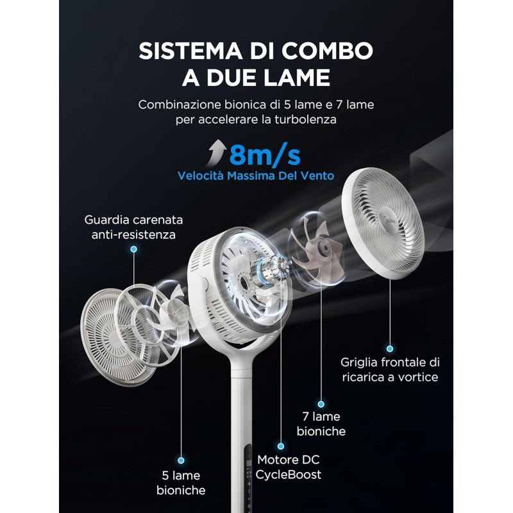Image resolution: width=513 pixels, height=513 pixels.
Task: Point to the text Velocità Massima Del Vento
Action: click(x=256, y=175)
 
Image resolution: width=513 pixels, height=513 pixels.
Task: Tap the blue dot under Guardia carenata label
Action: click(x=133, y=248)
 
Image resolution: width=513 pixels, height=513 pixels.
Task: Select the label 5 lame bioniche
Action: click(x=181, y=483)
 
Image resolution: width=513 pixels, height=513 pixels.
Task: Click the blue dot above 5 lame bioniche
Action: click(x=181, y=460)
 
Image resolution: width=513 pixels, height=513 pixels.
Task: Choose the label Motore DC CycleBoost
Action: click(x=289, y=467)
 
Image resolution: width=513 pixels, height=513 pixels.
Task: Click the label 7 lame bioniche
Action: click(x=321, y=424)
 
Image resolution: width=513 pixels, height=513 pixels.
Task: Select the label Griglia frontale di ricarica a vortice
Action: click(x=391, y=369)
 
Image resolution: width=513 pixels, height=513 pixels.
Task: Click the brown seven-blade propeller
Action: click(x=317, y=244)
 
